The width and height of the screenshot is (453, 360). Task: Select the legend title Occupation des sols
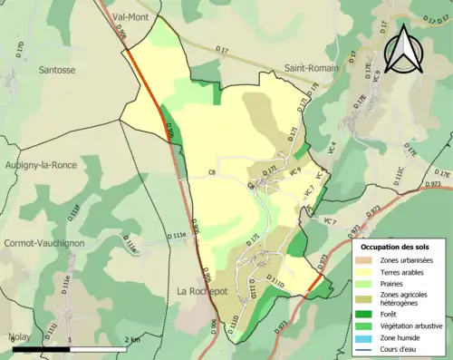coord(396,247)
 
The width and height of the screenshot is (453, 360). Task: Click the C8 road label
coord(213,170)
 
